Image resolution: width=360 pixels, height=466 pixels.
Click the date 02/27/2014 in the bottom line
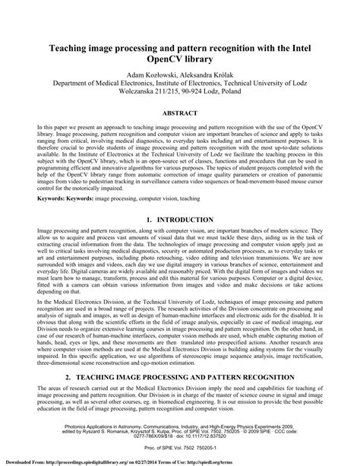point(205,461)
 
